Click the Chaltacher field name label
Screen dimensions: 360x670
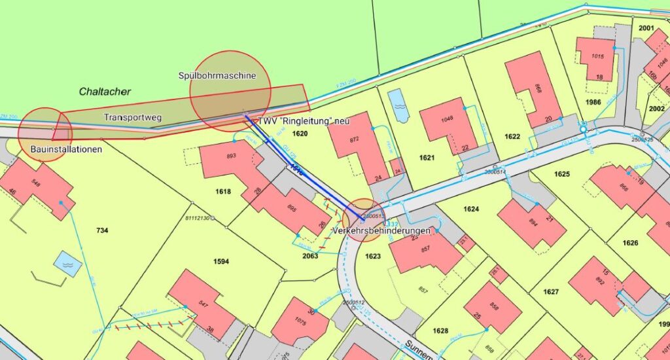[105, 92]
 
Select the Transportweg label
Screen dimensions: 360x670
[133, 117]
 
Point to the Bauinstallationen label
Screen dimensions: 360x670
[67, 150]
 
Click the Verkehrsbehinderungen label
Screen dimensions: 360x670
[381, 232]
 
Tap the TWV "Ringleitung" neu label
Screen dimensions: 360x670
[304, 122]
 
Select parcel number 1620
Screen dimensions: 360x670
[300, 134]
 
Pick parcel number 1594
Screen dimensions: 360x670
[221, 261]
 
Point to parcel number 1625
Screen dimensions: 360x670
[561, 174]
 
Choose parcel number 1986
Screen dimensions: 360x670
[593, 103]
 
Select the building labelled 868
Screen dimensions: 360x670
[533, 88]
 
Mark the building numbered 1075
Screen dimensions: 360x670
[300, 322]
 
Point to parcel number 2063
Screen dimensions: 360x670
[309, 256]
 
